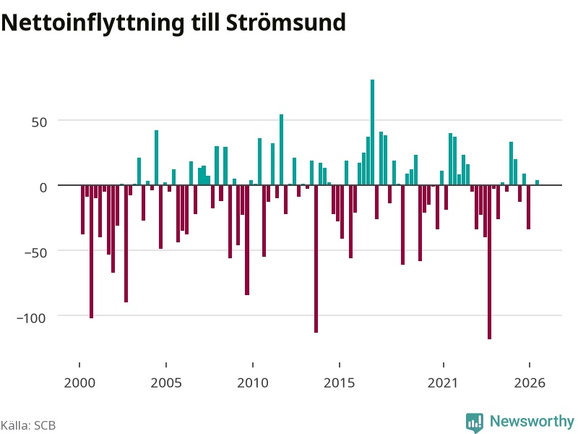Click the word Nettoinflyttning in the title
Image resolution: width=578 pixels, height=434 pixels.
(92, 23)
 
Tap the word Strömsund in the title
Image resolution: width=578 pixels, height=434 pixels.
(285, 22)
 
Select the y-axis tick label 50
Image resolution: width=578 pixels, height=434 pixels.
(39, 122)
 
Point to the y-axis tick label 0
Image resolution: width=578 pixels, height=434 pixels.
(43, 187)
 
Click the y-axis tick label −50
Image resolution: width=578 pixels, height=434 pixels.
(35, 252)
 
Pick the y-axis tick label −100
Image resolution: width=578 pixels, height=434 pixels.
(31, 318)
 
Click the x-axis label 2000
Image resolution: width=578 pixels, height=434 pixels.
(79, 383)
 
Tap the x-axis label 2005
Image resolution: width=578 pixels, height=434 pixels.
(166, 383)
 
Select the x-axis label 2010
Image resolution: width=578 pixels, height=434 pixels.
(253, 383)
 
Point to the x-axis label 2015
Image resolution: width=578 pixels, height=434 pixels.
(340, 383)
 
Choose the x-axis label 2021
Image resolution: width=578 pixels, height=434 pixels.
(443, 383)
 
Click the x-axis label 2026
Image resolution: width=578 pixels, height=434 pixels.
(530, 383)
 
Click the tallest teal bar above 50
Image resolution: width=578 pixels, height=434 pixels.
(372, 132)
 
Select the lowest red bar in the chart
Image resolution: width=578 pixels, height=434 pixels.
(490, 262)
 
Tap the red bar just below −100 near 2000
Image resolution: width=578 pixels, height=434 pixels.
(92, 251)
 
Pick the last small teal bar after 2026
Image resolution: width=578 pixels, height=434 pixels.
(537, 182)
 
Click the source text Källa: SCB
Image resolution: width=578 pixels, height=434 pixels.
(28, 425)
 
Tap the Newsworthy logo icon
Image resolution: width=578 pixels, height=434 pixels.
(475, 422)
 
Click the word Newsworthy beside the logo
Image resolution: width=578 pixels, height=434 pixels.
(532, 421)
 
